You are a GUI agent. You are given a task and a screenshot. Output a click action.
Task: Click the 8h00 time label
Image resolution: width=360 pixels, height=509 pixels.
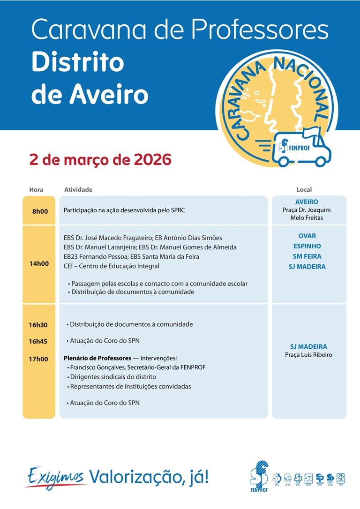pos(40,211)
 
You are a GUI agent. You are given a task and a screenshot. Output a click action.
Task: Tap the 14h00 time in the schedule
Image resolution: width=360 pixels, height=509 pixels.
pos(39,263)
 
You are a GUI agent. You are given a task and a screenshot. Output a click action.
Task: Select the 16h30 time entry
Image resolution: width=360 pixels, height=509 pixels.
pos(38,324)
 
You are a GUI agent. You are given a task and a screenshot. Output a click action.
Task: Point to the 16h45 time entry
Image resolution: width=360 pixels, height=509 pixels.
pos(38,341)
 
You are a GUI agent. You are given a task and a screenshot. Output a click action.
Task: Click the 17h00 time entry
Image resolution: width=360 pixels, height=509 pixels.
pos(38,359)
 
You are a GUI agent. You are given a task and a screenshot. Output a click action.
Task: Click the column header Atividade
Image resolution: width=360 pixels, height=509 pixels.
pos(78,190)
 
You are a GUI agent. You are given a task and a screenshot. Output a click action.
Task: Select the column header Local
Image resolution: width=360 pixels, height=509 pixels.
pos(304,190)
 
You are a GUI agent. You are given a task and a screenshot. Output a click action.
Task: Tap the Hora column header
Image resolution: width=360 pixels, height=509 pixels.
pos(36,190)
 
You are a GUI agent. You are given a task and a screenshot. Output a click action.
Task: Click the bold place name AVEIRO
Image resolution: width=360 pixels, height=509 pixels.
pos(307,202)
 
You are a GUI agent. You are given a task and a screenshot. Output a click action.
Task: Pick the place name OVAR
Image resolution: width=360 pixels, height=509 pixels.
pos(307,236)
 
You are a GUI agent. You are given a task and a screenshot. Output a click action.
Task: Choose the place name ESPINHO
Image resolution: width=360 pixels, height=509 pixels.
pos(307,246)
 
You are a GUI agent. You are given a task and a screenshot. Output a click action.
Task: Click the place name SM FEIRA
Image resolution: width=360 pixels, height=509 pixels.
pos(307,256)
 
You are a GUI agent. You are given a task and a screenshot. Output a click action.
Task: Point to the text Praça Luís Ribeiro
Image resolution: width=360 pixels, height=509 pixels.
pos(308,355)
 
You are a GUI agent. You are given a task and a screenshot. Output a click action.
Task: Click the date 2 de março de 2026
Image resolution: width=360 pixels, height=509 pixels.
pos(100,160)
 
